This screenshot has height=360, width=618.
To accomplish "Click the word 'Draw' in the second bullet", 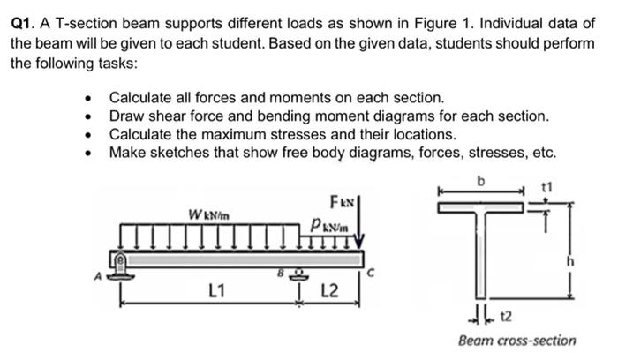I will coord(127,116).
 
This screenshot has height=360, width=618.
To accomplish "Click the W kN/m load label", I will coord(205,214).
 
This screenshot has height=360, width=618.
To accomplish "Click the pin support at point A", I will coord(118,262).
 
